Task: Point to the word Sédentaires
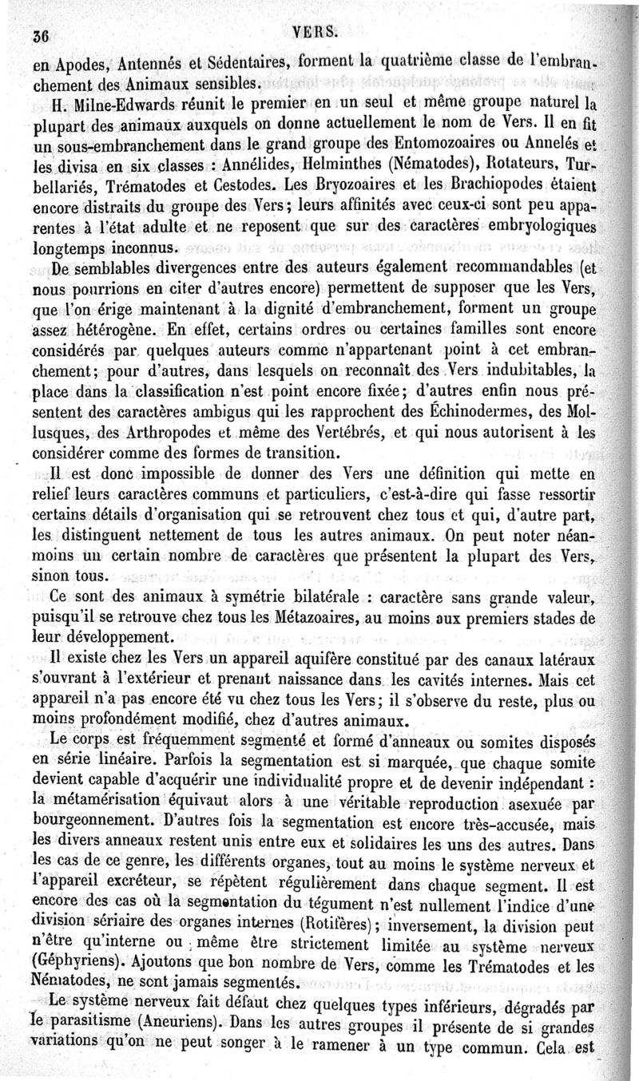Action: click(x=240, y=59)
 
